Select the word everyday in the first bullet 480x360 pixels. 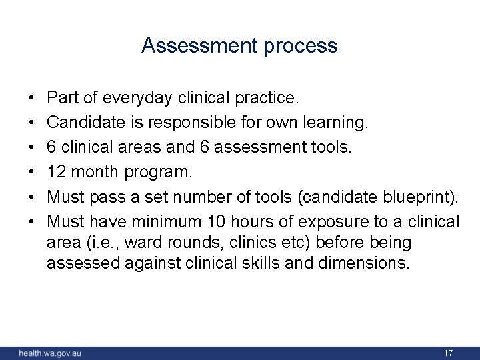pos(139,99)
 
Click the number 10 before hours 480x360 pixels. pos(216,220)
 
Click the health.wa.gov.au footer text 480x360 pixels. pos(51,353)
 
